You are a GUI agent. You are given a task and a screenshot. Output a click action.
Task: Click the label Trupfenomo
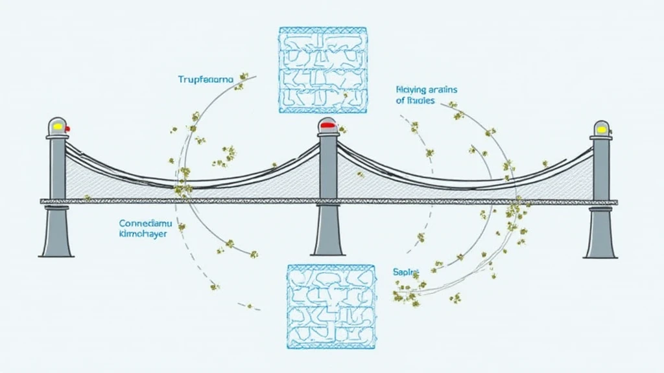(x=205, y=80)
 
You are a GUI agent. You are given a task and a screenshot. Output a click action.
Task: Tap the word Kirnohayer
(x=143, y=234)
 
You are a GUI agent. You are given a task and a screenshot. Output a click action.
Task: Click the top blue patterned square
(x=323, y=66)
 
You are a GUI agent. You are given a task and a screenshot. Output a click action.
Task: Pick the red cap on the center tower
(x=327, y=124)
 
